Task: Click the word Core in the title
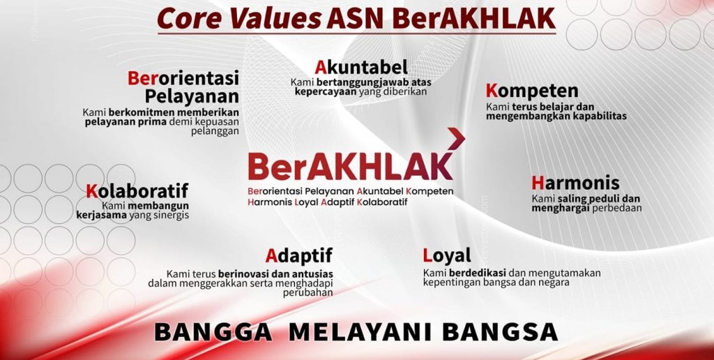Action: [x=191, y=19]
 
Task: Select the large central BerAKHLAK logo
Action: [x=351, y=166]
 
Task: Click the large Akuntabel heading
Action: [x=361, y=68]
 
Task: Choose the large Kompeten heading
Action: [x=532, y=91]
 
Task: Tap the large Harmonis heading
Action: [x=575, y=183]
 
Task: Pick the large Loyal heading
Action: [x=447, y=255]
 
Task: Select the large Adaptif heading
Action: [x=299, y=255]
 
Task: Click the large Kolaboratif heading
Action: [x=137, y=191]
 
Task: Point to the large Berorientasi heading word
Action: [x=183, y=78]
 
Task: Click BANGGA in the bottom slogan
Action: [x=213, y=332]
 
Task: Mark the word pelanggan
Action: [x=215, y=132]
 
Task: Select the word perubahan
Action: [x=307, y=292]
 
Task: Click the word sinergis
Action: [x=172, y=216]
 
